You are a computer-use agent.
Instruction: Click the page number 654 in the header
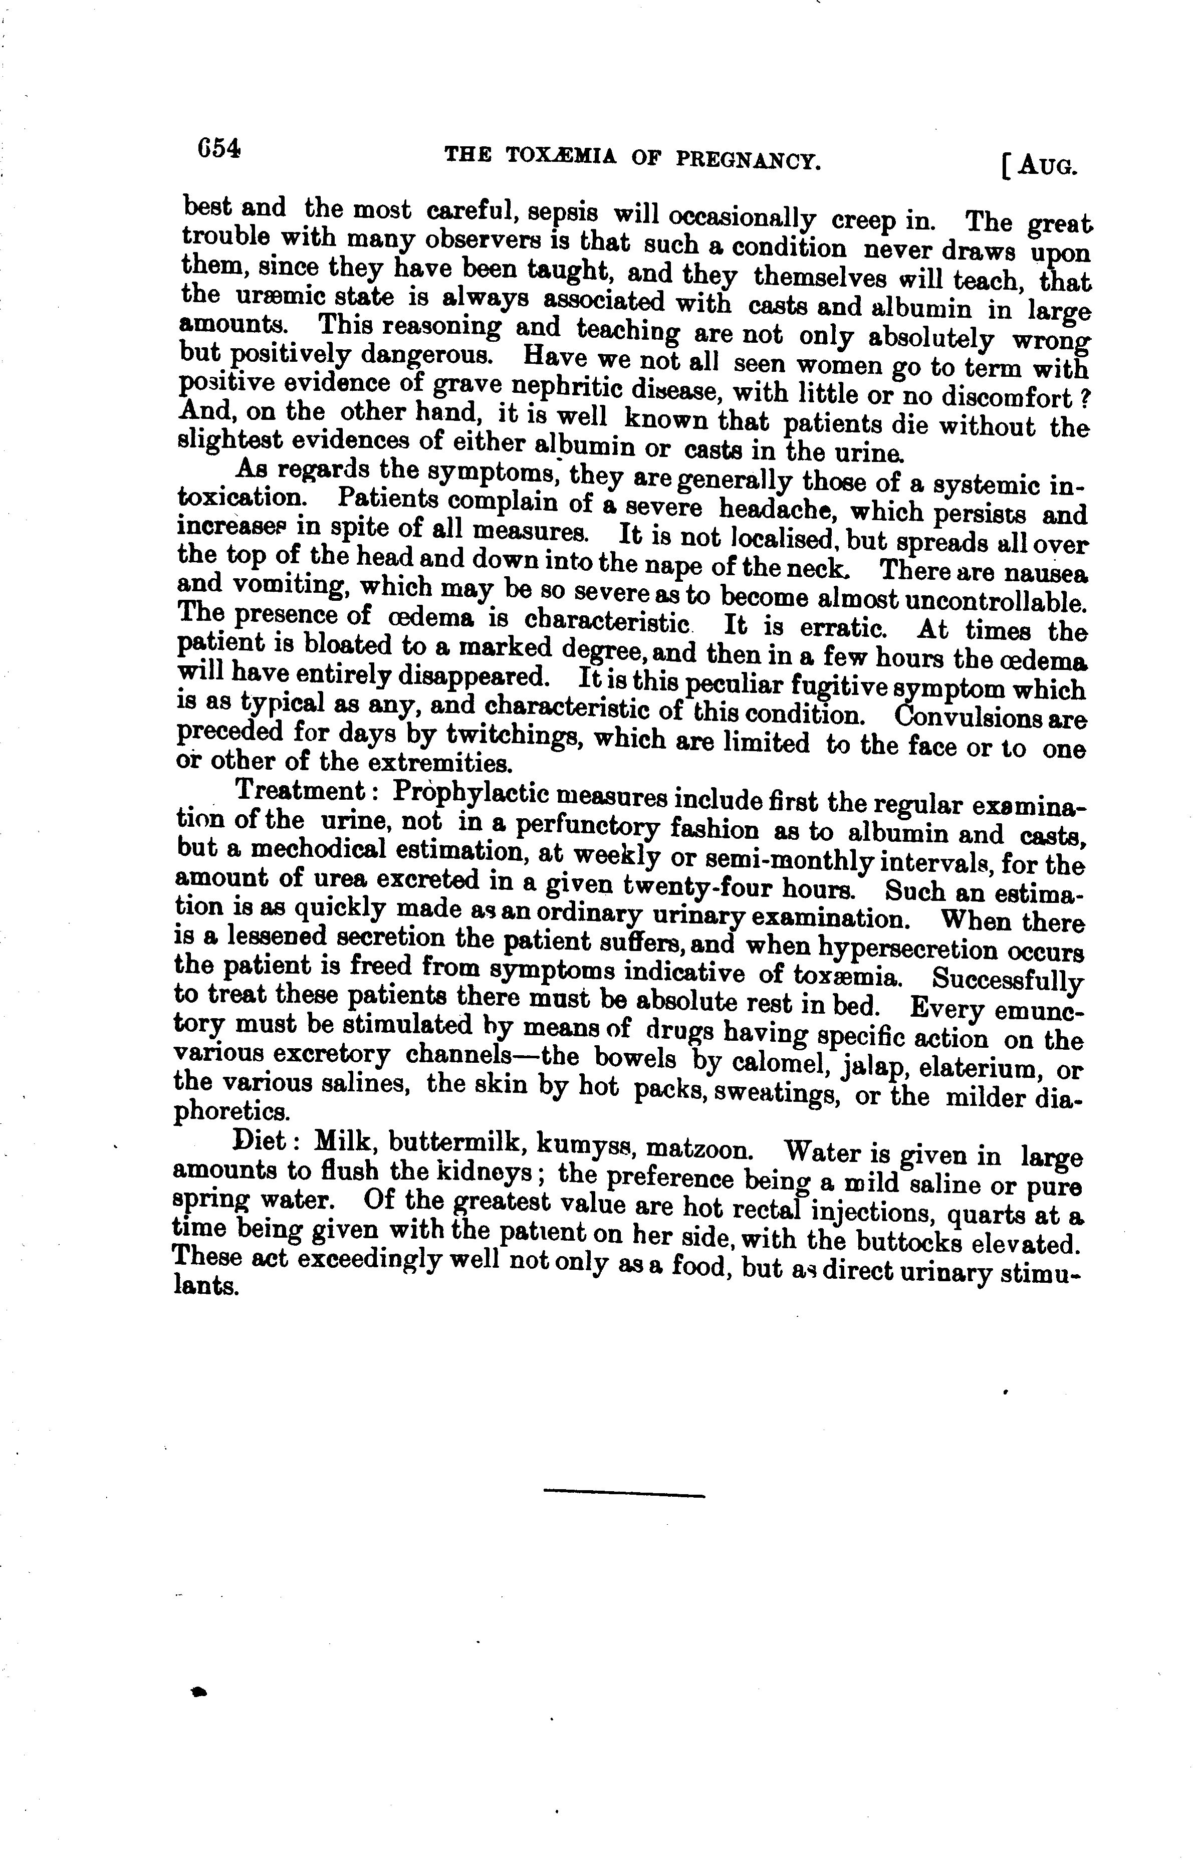click(x=220, y=148)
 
